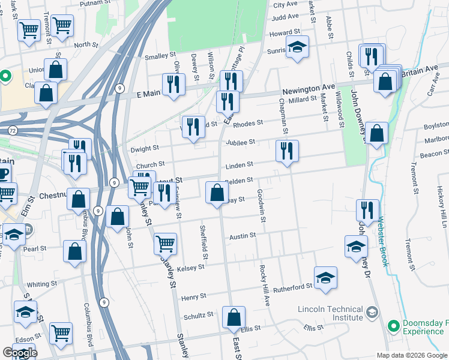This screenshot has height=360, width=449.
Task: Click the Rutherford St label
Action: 293,286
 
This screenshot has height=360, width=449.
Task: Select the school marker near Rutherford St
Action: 325,278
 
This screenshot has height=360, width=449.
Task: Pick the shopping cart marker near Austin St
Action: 165,244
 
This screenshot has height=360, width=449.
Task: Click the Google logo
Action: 20,353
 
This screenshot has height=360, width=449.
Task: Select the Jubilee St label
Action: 241,142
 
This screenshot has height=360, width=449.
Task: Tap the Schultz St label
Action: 199,314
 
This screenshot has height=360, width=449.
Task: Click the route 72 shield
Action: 13,130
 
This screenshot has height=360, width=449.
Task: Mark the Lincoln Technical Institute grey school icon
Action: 372,312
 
